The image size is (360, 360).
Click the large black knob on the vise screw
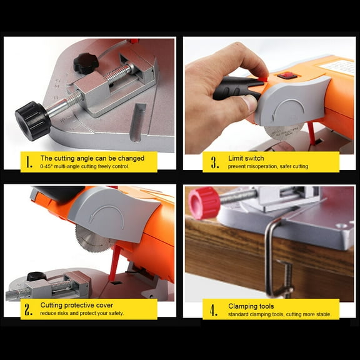32,120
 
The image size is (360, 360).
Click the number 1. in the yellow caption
28,162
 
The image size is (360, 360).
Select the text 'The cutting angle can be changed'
92,158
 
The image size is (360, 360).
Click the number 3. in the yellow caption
214,162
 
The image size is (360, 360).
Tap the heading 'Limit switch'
246,158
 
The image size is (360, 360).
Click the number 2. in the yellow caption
28,309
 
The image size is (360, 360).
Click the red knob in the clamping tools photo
204,203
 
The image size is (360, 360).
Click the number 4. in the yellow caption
214,309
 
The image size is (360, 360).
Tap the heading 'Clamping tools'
250,306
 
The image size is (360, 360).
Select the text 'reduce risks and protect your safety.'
82,313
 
